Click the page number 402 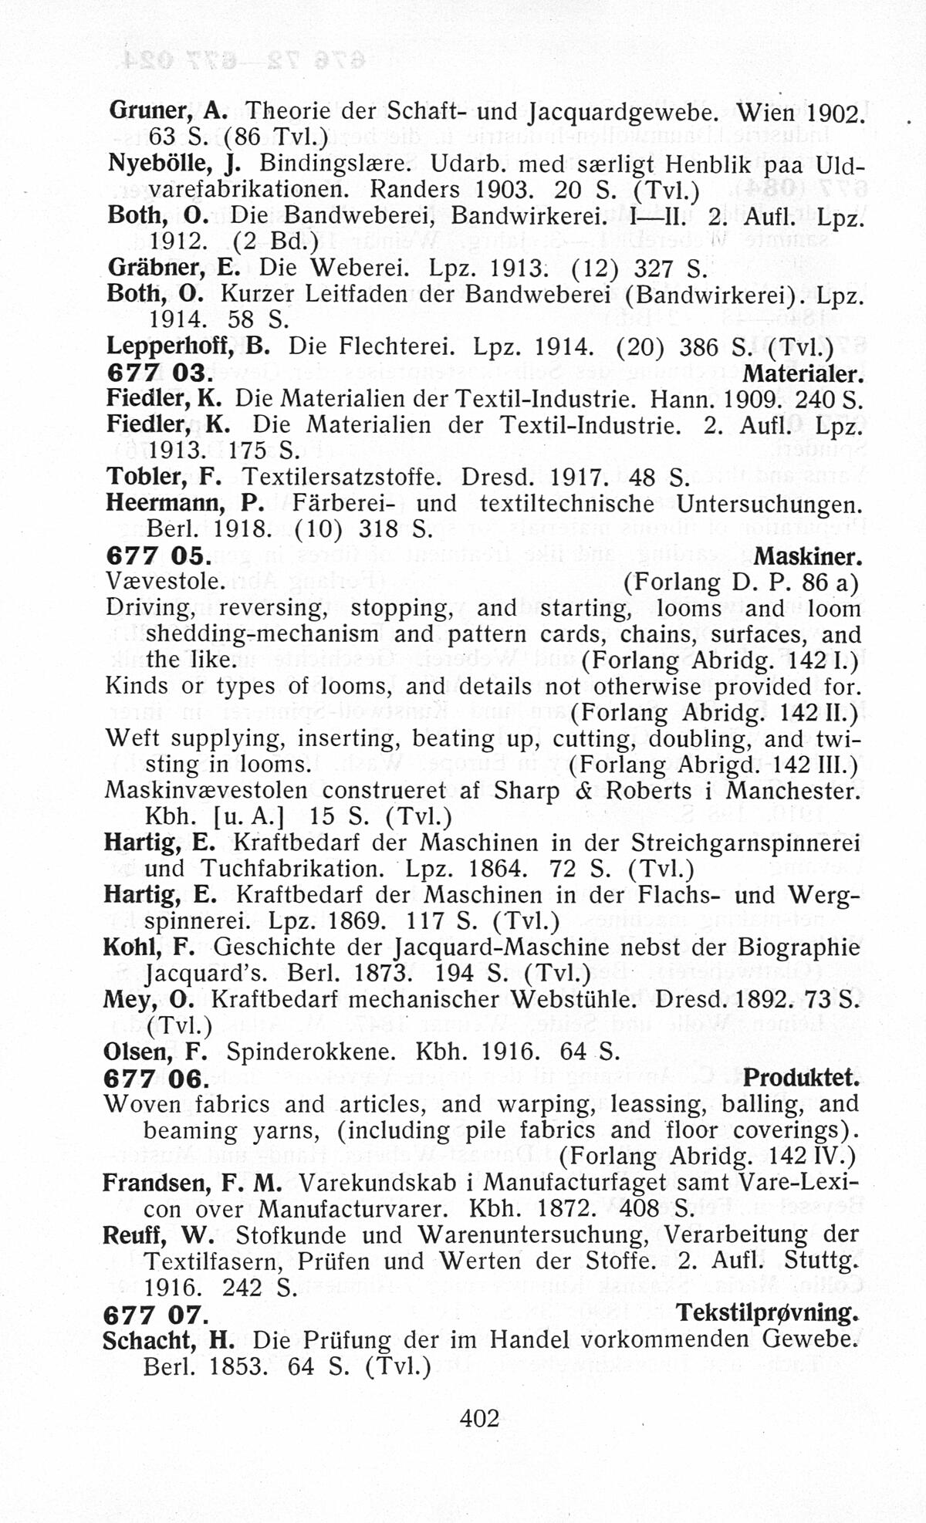click(x=479, y=1417)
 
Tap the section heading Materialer click(x=803, y=373)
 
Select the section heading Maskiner click(x=807, y=556)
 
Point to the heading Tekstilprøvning click(x=767, y=1312)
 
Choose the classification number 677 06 click(x=154, y=1079)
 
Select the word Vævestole click(x=164, y=583)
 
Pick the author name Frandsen click(x=157, y=1183)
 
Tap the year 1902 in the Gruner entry click(x=833, y=113)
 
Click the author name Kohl click(x=131, y=947)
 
